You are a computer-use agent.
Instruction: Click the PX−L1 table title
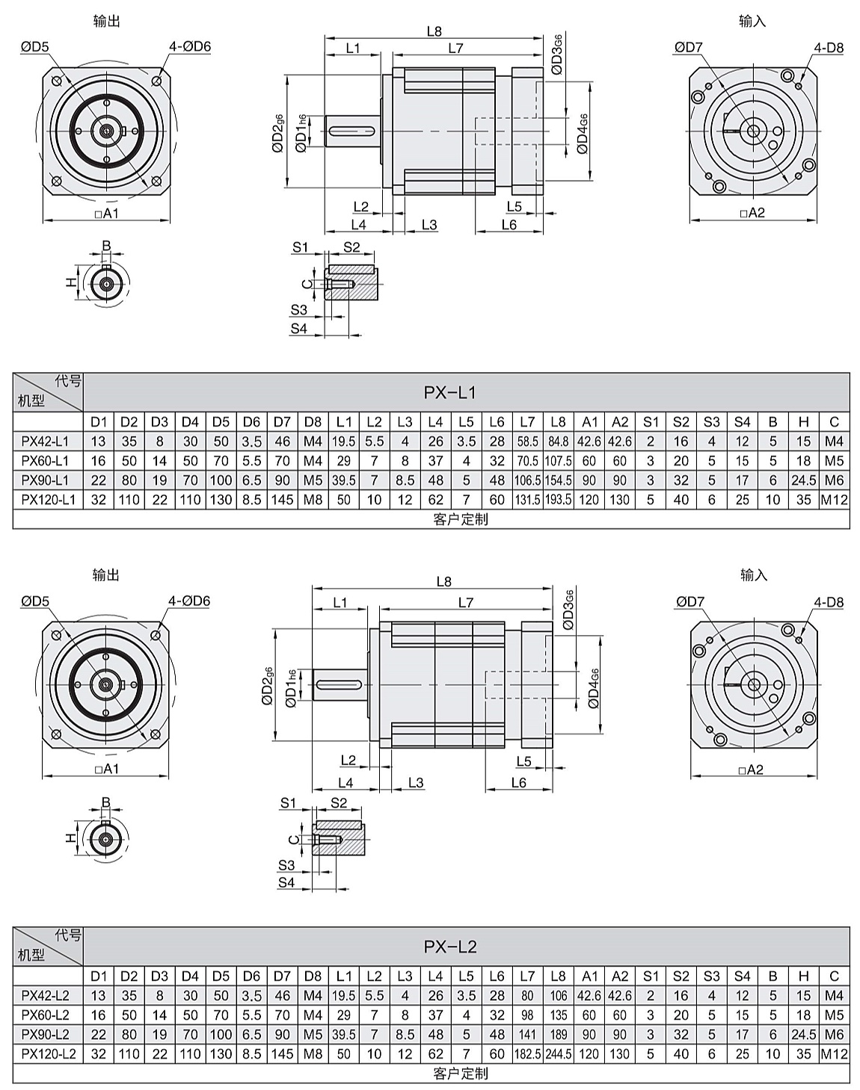449,392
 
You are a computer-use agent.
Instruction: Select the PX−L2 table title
449,947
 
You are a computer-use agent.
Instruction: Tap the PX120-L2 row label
49,1054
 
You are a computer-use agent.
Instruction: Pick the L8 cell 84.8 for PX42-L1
558,442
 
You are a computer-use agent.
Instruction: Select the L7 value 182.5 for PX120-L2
527,1054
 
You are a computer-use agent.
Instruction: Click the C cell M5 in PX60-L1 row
834,461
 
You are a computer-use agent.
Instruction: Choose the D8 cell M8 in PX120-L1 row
313,500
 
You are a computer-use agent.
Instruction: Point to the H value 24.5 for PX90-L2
803,1035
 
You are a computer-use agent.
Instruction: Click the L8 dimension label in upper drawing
434,31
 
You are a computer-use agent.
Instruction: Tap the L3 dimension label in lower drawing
416,783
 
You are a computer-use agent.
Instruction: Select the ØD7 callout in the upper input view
688,48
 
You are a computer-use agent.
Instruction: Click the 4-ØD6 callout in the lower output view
189,601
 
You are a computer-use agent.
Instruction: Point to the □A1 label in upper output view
107,214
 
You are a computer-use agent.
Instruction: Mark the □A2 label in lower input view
751,769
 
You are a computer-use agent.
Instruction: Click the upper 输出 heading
106,21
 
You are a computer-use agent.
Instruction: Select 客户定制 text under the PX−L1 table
460,519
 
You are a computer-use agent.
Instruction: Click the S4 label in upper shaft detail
299,329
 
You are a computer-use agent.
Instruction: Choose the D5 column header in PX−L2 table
221,976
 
